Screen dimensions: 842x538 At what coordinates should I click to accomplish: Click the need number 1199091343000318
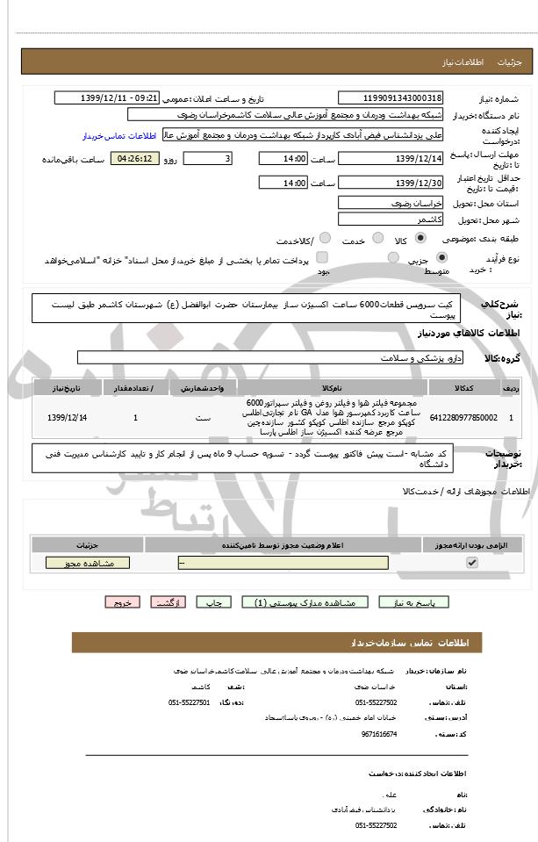[x=391, y=97]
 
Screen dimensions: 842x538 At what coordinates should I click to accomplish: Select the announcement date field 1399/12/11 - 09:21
[x=121, y=97]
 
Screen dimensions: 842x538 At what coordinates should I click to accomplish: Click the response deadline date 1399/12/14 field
[x=391, y=159]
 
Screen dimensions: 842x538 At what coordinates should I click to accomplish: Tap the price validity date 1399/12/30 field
[x=391, y=183]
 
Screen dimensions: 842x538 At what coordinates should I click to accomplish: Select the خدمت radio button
[x=377, y=238]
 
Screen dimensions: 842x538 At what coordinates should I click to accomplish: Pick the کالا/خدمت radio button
[x=325, y=238]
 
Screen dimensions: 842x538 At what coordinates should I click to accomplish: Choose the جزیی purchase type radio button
[x=441, y=258]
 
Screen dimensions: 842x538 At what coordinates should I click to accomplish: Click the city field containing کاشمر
[x=391, y=219]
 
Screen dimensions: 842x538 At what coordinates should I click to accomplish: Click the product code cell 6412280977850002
[x=463, y=417]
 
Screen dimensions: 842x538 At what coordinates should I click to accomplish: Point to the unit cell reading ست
[x=203, y=417]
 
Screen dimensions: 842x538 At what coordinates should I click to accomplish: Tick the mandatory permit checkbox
[x=472, y=563]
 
